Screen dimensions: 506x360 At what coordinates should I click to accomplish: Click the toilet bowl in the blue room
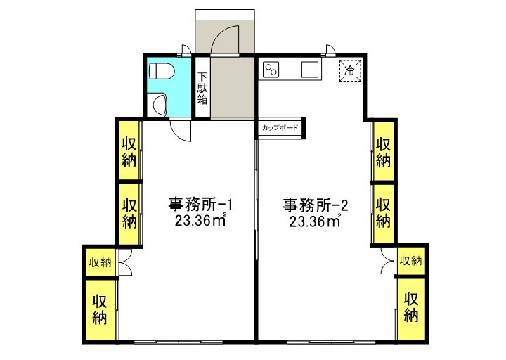point(162,71)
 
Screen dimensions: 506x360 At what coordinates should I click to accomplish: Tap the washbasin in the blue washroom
point(160,105)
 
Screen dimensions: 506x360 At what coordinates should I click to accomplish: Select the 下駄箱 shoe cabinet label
point(202,88)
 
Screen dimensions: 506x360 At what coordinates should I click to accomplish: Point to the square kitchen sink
point(310,70)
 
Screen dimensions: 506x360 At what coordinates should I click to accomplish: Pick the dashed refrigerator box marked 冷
point(350,70)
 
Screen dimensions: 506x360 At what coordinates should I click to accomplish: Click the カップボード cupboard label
point(280,128)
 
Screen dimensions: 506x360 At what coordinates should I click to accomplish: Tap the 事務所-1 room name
point(200,204)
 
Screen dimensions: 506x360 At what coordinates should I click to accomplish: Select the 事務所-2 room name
point(316,205)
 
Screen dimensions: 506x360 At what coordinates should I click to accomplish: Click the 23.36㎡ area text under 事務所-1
point(200,221)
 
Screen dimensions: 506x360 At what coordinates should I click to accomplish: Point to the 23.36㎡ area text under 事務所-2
point(315,221)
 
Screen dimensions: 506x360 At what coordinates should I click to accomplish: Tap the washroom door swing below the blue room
point(181,131)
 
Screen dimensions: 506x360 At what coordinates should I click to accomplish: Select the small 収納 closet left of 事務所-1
point(100,262)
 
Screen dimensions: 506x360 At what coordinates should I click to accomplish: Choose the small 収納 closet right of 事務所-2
point(411,261)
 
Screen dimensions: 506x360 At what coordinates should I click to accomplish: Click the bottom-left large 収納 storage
point(100,309)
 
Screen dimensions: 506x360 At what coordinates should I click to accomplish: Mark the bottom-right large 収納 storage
point(411,309)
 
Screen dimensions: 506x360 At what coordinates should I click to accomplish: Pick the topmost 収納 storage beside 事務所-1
point(129,150)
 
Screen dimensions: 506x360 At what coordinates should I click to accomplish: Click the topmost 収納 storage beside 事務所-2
point(384,150)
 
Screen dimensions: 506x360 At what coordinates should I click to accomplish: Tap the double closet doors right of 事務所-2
point(387,261)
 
